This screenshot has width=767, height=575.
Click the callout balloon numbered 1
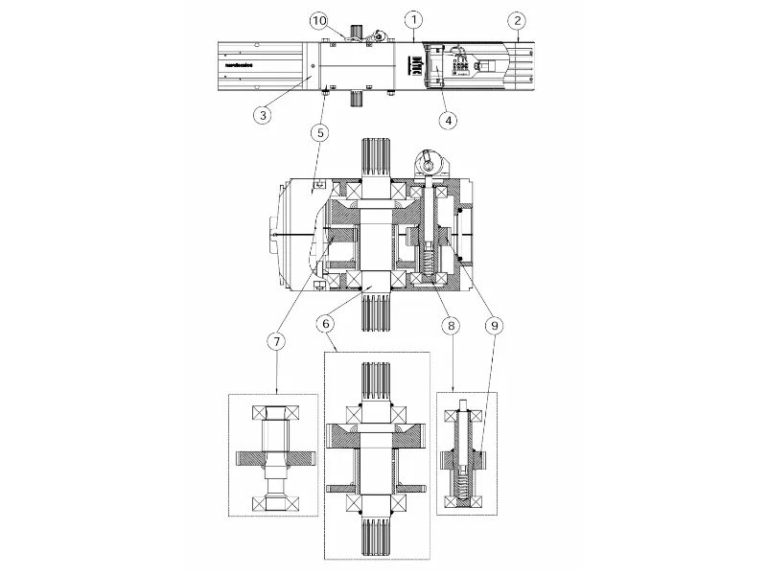[x=412, y=18]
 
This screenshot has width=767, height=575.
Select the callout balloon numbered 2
[x=518, y=18]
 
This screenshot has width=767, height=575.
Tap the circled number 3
[x=263, y=114]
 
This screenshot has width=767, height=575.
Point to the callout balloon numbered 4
[x=447, y=120]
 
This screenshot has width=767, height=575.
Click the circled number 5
[x=326, y=131]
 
